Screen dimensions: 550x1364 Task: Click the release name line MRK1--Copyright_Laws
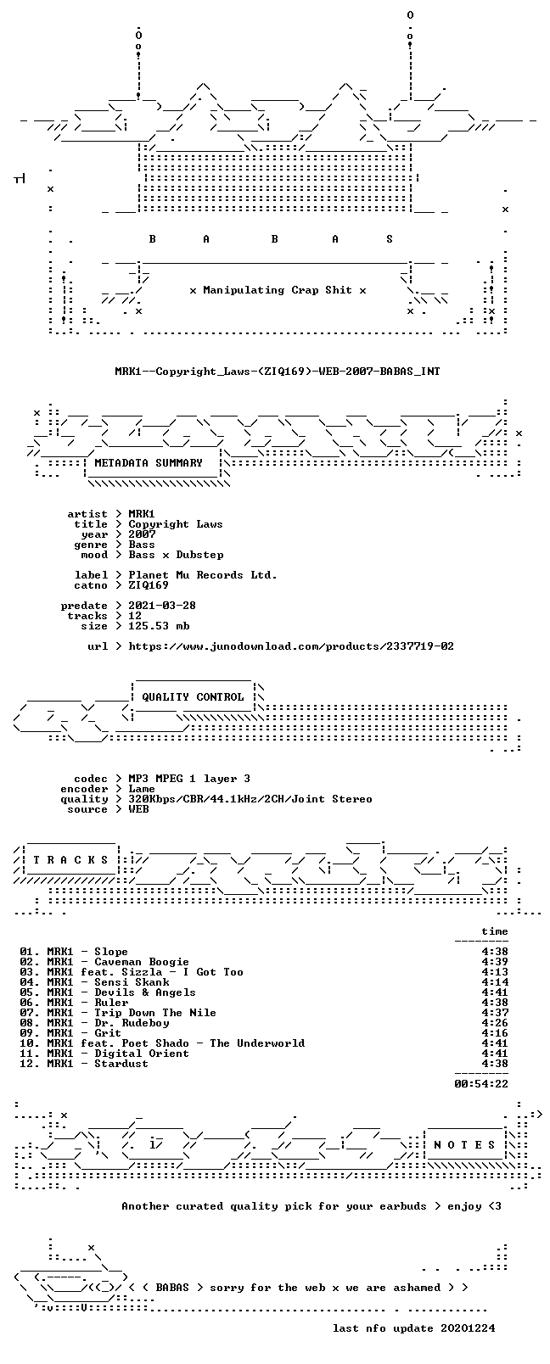coord(278,372)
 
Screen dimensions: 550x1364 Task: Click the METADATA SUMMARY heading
coord(148,463)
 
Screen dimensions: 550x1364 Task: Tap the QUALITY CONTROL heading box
coord(193,697)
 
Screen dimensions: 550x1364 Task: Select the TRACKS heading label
coord(70,860)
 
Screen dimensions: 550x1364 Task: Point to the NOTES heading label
coord(465,1145)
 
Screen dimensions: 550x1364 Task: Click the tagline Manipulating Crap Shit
coord(278,290)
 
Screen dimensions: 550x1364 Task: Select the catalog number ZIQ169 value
coord(149,585)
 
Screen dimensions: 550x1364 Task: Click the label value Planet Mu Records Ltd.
coord(203,575)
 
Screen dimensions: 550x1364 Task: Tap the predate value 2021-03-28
coord(162,606)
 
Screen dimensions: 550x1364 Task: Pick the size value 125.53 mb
coord(159,626)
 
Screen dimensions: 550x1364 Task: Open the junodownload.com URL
coord(291,646)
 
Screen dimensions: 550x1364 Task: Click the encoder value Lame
coord(142,789)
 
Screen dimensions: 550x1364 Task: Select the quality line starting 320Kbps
coord(250,799)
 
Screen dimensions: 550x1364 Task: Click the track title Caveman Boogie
coord(141,962)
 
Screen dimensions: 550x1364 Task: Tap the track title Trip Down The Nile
coord(155,1013)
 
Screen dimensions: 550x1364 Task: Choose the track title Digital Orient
coord(141,1054)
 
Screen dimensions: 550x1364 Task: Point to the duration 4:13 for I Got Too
coord(495,972)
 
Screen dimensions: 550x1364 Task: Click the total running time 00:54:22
coord(481,1084)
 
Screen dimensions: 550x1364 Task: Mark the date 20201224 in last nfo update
coord(468,1328)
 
